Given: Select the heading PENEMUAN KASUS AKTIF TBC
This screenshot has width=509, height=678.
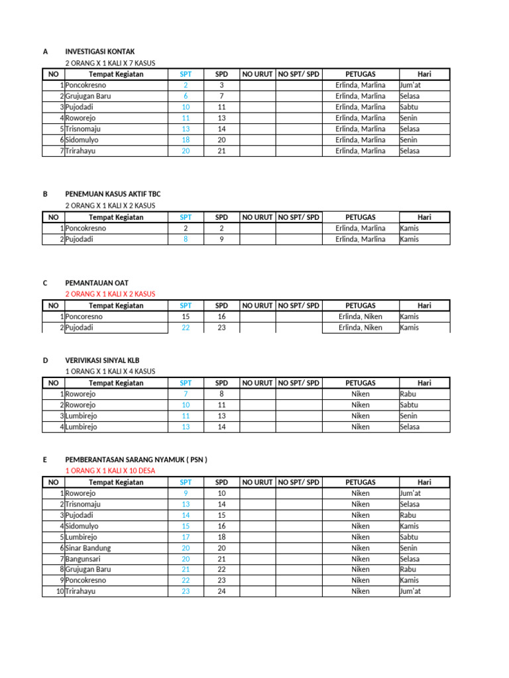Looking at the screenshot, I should click(113, 194).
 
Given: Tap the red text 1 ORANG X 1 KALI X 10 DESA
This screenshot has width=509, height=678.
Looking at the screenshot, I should click(110, 471).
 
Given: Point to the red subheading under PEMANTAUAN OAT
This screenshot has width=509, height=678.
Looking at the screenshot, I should click(110, 293).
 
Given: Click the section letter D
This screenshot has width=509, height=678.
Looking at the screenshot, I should click(46, 360).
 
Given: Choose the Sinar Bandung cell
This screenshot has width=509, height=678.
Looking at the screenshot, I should click(88, 548).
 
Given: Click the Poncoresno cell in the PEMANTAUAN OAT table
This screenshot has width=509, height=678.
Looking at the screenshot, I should click(84, 316).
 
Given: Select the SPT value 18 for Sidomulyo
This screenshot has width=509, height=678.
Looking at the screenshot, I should click(186, 140).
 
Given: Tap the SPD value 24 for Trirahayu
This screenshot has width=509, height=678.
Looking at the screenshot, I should click(221, 591).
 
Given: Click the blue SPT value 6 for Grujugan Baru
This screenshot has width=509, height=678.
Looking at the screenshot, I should click(186, 96).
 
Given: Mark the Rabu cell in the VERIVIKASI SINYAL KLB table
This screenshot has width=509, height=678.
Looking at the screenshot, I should click(408, 394).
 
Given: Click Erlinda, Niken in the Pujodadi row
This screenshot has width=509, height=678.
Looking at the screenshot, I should click(360, 328).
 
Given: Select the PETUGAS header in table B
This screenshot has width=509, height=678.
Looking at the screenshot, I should click(360, 217).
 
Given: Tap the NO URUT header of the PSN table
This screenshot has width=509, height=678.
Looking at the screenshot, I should click(256, 483).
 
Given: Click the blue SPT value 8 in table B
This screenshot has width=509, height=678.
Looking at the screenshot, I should click(186, 240).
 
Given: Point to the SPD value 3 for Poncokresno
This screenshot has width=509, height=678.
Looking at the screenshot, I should click(221, 85).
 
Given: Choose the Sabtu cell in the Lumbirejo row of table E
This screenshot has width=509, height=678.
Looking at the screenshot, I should click(410, 537).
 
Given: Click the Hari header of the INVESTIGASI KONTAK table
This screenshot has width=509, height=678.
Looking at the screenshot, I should click(424, 74).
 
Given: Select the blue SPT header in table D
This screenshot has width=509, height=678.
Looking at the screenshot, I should click(186, 383).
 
